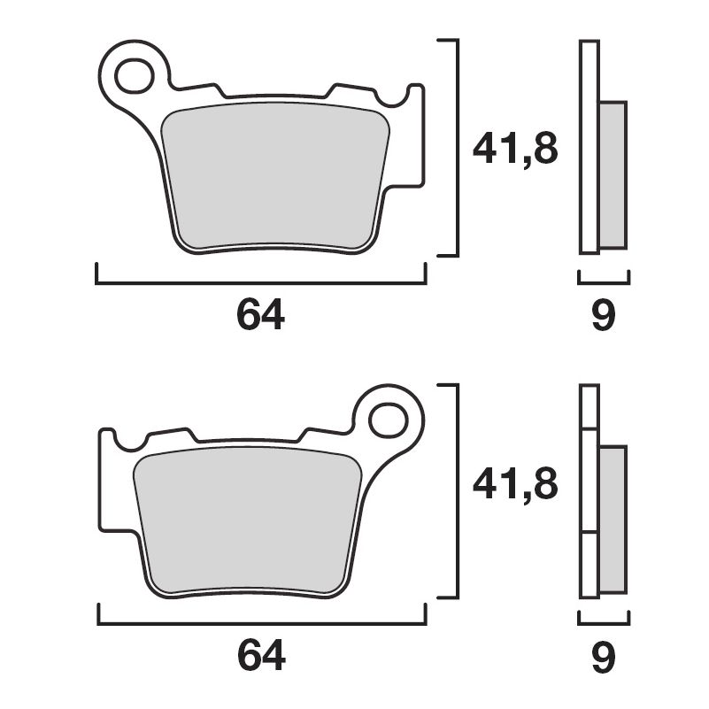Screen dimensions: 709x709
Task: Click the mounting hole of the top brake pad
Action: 135,74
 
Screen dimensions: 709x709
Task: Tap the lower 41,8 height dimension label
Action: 515,484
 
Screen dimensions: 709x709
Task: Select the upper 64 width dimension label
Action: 261,316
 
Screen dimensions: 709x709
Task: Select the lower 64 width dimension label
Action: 261,656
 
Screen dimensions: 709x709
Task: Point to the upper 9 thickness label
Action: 603,316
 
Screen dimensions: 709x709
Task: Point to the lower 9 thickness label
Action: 603,656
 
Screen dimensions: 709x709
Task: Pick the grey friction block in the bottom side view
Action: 613,518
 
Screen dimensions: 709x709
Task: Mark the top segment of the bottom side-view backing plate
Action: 590,407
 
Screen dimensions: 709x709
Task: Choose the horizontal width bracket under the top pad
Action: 261,283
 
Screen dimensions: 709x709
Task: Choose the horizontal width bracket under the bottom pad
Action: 261,624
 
